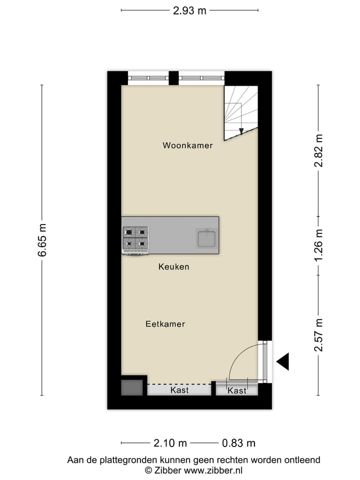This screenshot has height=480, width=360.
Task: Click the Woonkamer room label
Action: [x=187, y=145]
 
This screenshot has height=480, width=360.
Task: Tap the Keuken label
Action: [x=173, y=266]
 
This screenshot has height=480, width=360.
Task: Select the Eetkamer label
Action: [x=165, y=324]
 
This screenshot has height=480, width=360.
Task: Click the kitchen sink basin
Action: [x=206, y=238]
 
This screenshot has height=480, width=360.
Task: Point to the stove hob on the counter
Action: [x=135, y=238]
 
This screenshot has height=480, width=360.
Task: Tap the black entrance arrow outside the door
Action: [x=283, y=361]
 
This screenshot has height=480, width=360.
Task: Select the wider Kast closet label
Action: [x=179, y=389]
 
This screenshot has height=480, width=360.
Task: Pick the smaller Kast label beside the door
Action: [x=237, y=390]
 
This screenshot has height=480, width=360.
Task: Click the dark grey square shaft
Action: [x=132, y=387]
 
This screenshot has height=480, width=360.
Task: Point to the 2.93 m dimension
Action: [x=189, y=10]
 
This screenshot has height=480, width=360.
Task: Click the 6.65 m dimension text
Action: [x=42, y=239]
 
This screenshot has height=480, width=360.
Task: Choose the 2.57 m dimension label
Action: [x=318, y=335]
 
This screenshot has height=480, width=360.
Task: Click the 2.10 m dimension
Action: [x=170, y=443]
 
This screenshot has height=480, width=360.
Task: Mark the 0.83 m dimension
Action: [x=238, y=443]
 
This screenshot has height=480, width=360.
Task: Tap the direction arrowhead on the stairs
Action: [x=241, y=131]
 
